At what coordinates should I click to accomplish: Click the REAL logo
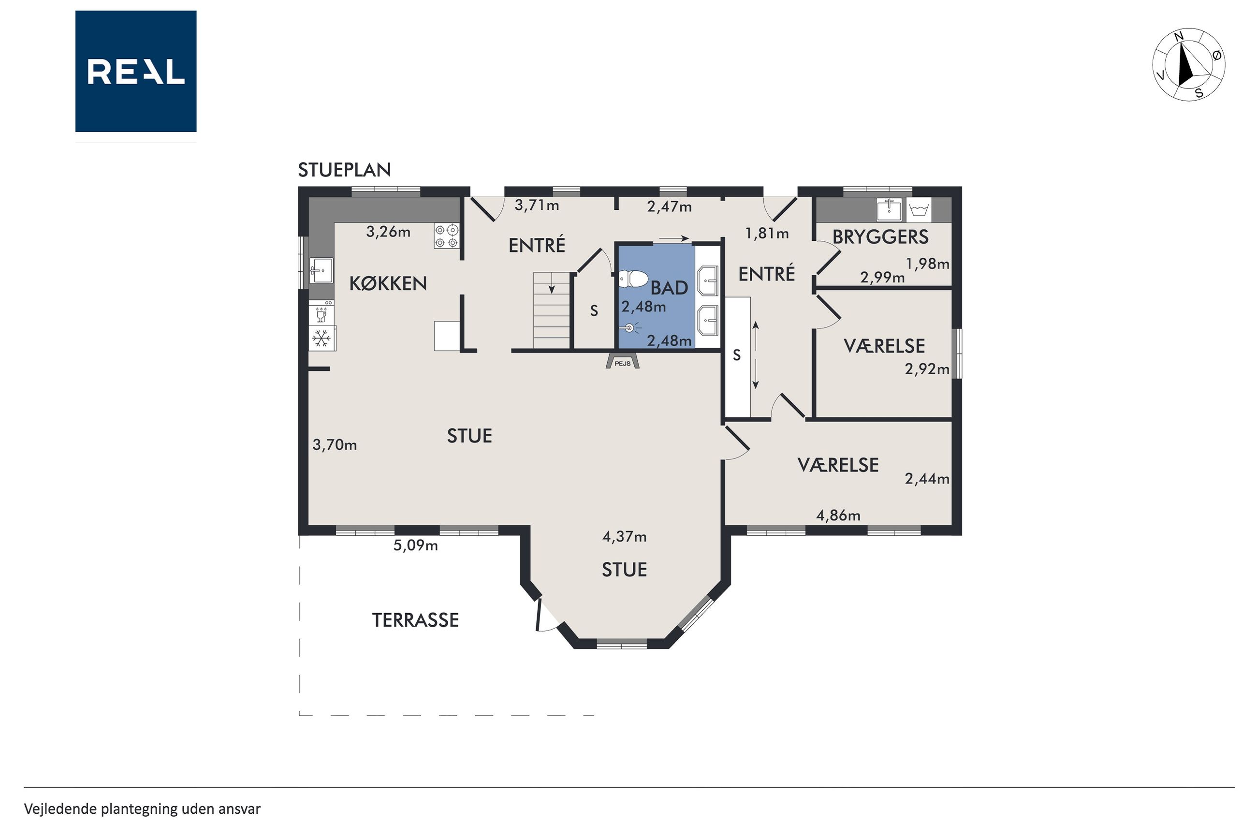(x=136, y=71)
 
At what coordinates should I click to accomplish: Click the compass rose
(x=1189, y=65)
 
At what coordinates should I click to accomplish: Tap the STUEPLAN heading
(x=345, y=170)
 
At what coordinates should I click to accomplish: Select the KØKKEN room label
(x=388, y=283)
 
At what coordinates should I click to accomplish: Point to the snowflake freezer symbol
(x=321, y=338)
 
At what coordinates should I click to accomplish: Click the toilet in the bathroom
(x=633, y=279)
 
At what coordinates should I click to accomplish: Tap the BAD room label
(x=669, y=288)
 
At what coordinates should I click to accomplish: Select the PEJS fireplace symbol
(x=622, y=362)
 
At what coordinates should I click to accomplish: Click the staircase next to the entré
(x=552, y=311)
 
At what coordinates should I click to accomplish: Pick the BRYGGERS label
(x=880, y=237)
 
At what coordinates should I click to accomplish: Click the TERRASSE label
(x=416, y=620)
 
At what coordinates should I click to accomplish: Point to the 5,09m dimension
(x=416, y=545)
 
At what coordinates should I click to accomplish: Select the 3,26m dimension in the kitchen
(x=388, y=232)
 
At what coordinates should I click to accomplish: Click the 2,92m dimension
(x=927, y=369)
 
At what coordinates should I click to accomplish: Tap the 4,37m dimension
(x=625, y=537)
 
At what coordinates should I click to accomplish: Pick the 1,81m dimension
(x=767, y=234)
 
